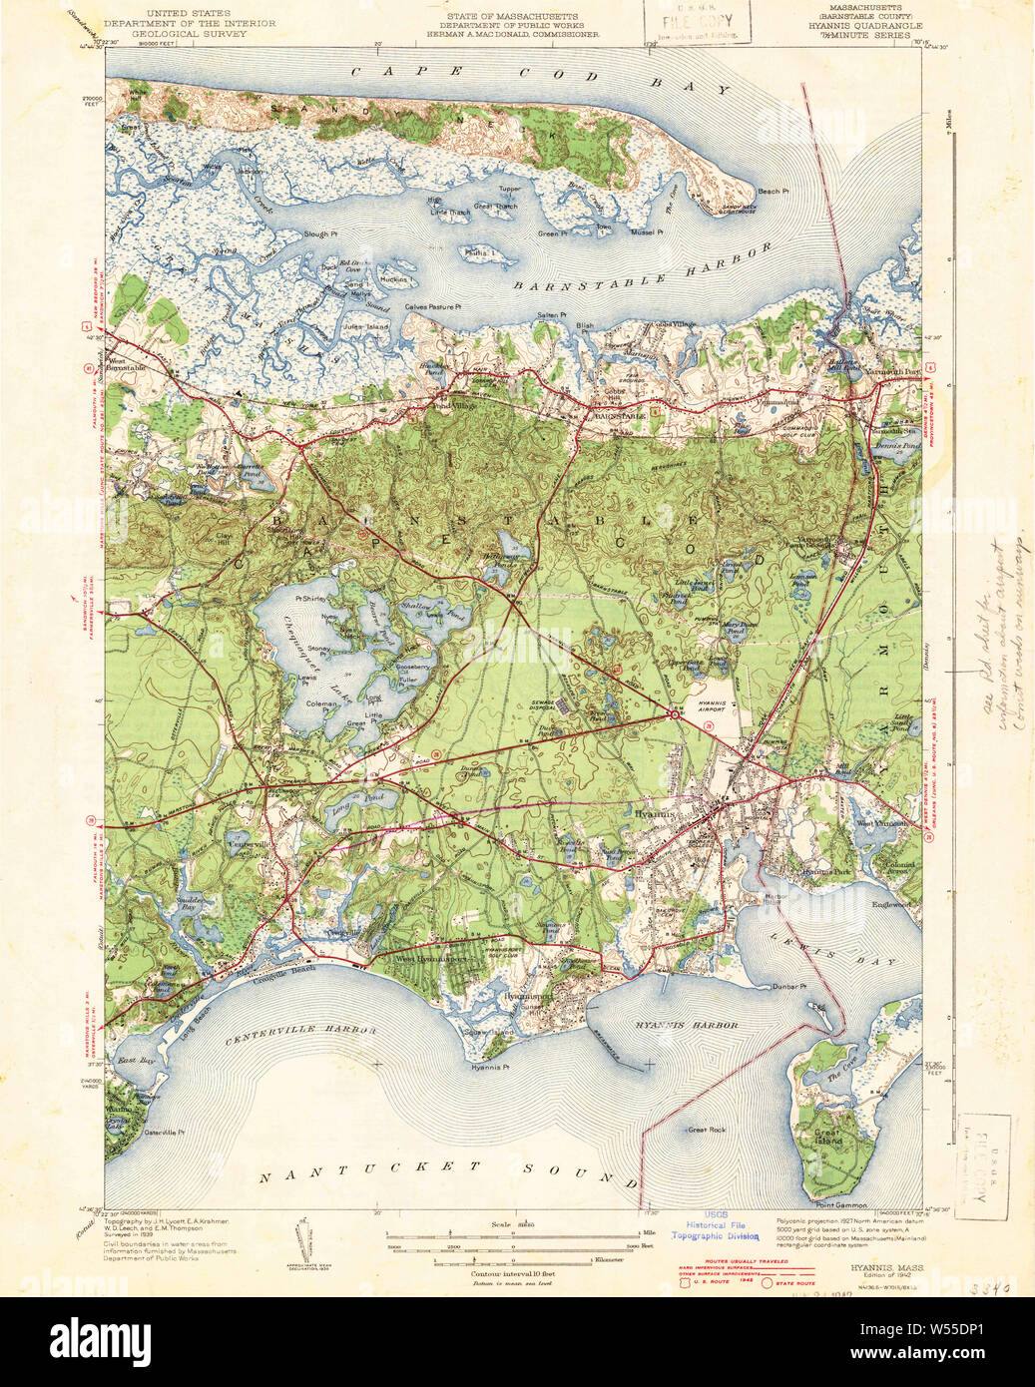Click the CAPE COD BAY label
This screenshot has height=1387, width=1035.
click(x=540, y=78)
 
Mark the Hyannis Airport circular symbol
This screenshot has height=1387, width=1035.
click(x=676, y=714)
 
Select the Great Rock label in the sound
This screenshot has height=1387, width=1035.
click(x=706, y=1130)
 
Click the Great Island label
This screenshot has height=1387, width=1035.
click(x=828, y=1135)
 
